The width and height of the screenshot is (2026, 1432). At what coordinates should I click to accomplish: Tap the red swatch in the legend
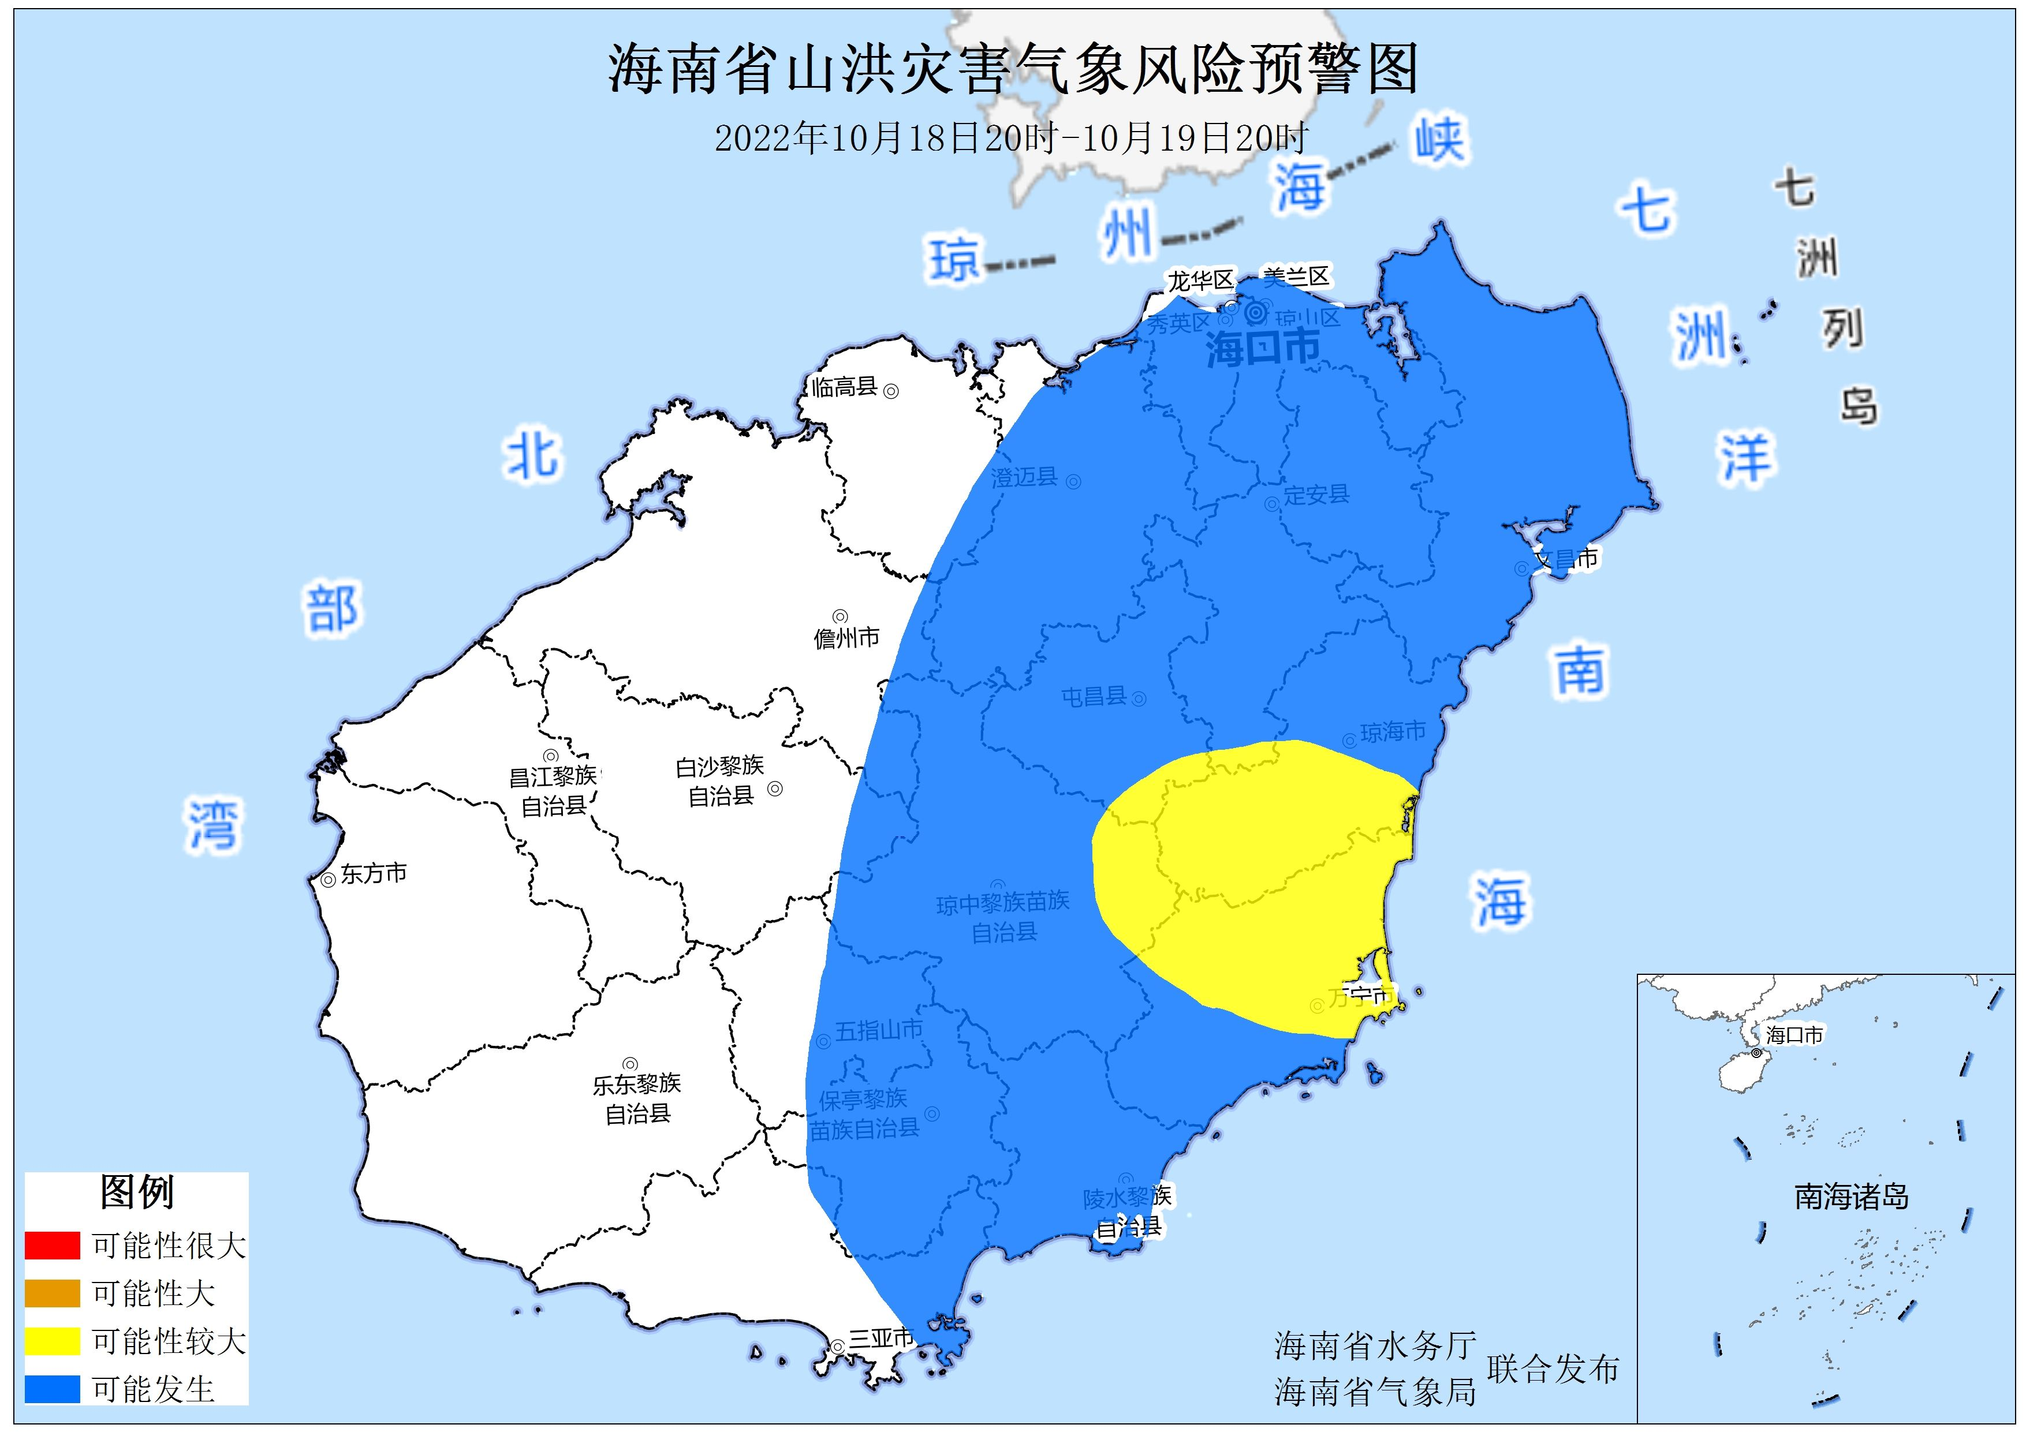52,1245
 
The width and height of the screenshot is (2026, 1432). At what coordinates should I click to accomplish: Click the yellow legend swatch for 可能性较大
52,1341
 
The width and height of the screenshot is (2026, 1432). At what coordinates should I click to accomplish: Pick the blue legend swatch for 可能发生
52,1389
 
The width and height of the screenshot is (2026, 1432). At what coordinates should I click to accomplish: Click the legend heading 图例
137,1192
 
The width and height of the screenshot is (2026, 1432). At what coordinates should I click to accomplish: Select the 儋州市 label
846,637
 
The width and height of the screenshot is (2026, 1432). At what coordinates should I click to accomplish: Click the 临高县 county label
845,387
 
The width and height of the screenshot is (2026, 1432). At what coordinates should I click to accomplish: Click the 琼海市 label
1393,731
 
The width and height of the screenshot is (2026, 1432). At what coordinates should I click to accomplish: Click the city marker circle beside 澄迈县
1074,482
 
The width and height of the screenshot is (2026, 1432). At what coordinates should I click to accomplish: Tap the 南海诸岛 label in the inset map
1851,1197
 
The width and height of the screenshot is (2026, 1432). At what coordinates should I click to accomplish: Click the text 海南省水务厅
1375,1345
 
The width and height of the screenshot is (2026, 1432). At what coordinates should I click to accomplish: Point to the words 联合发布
1553,1369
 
